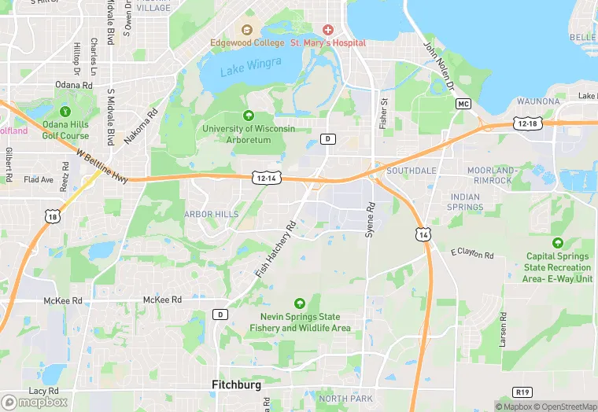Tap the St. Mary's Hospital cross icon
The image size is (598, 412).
click(327, 29)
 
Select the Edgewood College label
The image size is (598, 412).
click(247, 42)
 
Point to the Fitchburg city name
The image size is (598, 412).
click(236, 384)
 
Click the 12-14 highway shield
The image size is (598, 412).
click(264, 178)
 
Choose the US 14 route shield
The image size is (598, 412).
click(423, 234)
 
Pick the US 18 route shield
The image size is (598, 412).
click(52, 217)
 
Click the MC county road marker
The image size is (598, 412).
click(463, 104)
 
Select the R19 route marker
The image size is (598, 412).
click(522, 392)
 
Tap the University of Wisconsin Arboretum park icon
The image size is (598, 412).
click(249, 116)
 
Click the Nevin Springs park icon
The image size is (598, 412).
click(299, 303)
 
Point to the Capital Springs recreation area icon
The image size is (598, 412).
click(558, 244)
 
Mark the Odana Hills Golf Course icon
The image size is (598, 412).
click(65, 112)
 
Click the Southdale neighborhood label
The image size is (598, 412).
click(411, 170)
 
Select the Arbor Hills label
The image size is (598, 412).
click(211, 214)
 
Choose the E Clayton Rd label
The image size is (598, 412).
click(471, 254)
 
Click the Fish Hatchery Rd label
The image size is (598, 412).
click(275, 248)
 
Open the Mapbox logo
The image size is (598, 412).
click(34, 401)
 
